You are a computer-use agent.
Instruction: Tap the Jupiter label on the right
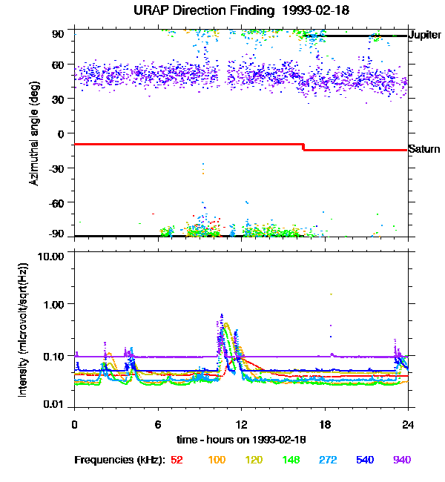click(x=425, y=35)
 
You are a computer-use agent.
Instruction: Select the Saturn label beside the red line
click(x=424, y=149)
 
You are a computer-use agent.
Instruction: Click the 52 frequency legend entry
click(x=177, y=460)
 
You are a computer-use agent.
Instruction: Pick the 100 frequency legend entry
click(x=217, y=460)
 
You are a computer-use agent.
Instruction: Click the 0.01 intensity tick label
click(x=55, y=403)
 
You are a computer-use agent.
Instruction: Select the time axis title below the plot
click(x=241, y=440)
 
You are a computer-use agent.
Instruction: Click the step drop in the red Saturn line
click(x=303, y=147)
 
